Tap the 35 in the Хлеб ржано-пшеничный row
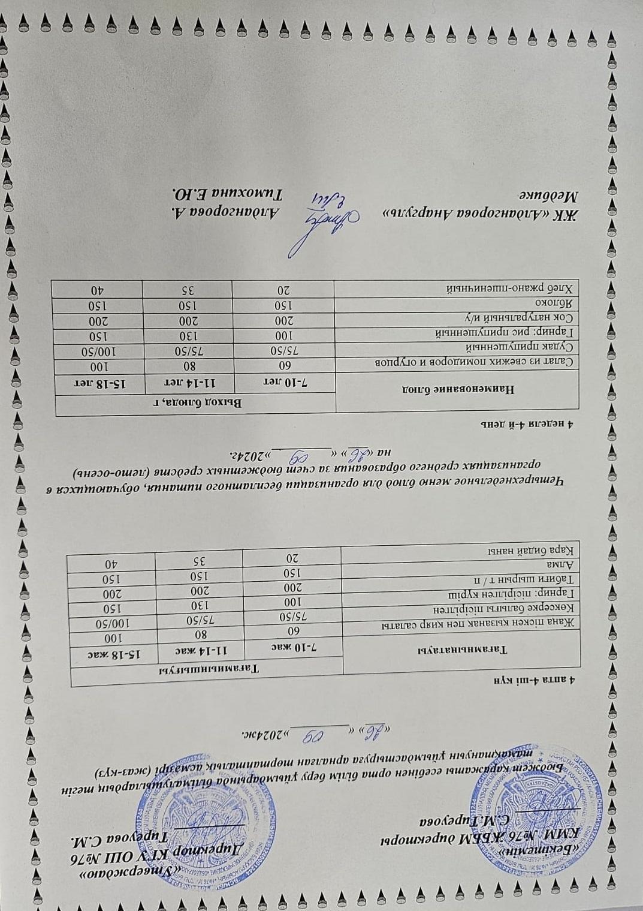tap(187, 290)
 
